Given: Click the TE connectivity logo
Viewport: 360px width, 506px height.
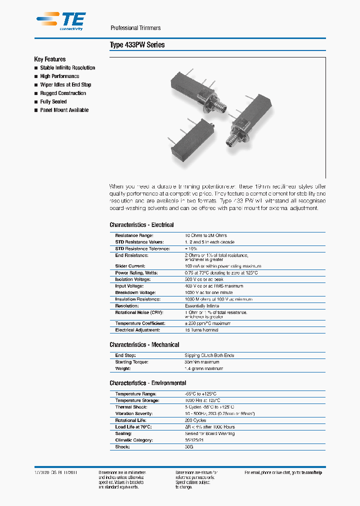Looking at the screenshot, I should pyautogui.click(x=60, y=20).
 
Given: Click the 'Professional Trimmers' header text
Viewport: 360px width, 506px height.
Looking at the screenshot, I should pyautogui.click(x=135, y=28).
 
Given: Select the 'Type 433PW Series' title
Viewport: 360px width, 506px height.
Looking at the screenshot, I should pyautogui.click(x=137, y=45).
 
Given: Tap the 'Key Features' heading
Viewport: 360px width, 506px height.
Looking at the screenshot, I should pyautogui.click(x=49, y=59).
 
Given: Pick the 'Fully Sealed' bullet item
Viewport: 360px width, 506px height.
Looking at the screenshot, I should pyautogui.click(x=53, y=101).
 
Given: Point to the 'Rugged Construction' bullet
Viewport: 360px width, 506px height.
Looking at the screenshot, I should pyautogui.click(x=63, y=93).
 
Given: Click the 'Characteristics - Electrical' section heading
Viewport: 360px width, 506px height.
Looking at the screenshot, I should pyautogui.click(x=141, y=225).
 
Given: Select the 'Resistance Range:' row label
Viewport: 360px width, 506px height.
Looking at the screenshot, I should pyautogui.click(x=134, y=235).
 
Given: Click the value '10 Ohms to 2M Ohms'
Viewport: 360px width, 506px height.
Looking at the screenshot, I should pyautogui.click(x=205, y=235).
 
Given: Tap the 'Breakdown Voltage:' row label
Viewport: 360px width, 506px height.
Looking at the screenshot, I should pyautogui.click(x=135, y=292).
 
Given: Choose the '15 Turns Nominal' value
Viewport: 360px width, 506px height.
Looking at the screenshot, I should pyautogui.click(x=201, y=330).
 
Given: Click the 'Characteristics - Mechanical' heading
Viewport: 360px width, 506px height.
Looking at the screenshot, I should pyautogui.click(x=144, y=344).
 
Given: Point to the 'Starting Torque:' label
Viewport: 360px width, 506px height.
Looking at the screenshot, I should pyautogui.click(x=131, y=362).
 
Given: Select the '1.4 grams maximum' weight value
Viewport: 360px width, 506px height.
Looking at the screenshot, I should pyautogui.click(x=203, y=368).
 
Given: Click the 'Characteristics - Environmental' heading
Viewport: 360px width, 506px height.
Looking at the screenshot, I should pyautogui.click(x=147, y=383).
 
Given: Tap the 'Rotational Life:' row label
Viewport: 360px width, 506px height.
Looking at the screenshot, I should pyautogui.click(x=131, y=420).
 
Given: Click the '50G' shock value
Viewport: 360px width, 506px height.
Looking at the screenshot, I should pyautogui.click(x=189, y=447).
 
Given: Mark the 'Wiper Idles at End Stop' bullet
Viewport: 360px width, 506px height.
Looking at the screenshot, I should pyautogui.click(x=65, y=84).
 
